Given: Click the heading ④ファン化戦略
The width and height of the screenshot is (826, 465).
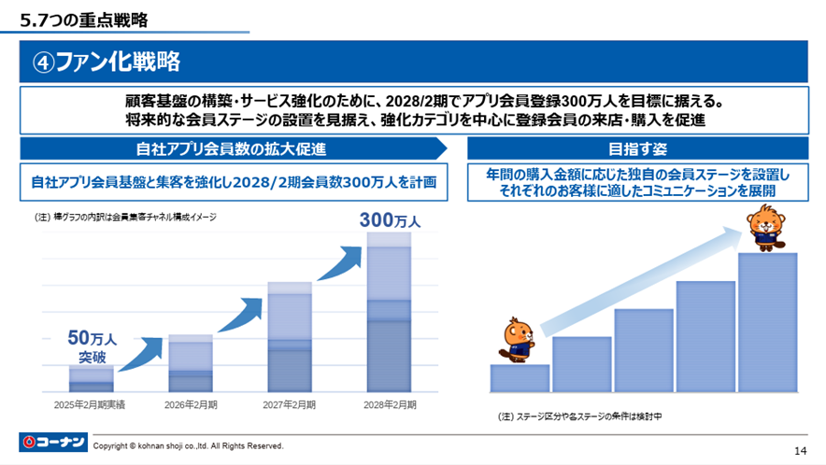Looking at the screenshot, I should point(107,62).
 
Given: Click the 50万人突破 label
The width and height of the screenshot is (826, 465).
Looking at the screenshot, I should point(91,346).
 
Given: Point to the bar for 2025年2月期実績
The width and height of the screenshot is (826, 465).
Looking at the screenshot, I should point(91,378).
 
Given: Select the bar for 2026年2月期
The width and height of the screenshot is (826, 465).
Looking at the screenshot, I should point(191,363).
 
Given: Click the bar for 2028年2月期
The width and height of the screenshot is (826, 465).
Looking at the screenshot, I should point(389,312).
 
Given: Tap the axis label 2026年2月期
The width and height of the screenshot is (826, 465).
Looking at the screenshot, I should point(191,404).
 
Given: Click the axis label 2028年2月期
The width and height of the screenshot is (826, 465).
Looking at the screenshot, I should point(389,404).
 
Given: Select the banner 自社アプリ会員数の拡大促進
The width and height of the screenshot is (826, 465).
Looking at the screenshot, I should point(232,148).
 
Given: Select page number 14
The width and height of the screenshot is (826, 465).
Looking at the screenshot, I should point(800,446).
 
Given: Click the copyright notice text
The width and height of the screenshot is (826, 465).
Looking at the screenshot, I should point(188,446).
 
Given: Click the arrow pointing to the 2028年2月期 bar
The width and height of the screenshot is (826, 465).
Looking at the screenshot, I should point(337,263).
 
